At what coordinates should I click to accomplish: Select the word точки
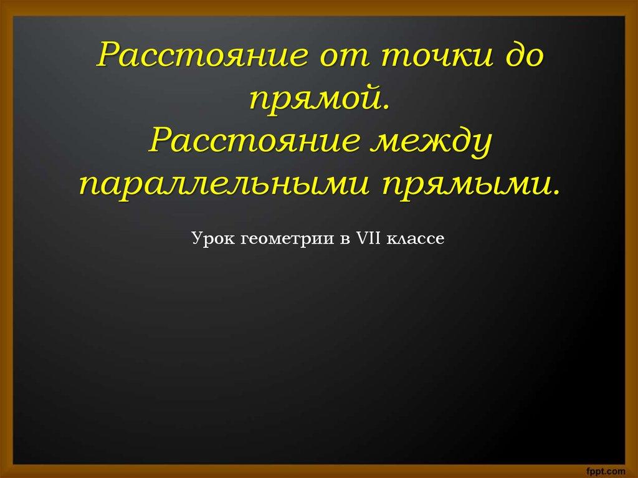pos(438,57)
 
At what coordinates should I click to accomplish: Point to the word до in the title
pos(525,55)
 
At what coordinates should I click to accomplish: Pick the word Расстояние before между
pos(254,140)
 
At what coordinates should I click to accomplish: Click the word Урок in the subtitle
pos(213,239)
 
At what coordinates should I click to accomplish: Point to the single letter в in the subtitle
pos(344,239)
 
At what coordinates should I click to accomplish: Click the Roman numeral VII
pos(368,238)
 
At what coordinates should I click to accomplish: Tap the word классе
pos(415,239)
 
